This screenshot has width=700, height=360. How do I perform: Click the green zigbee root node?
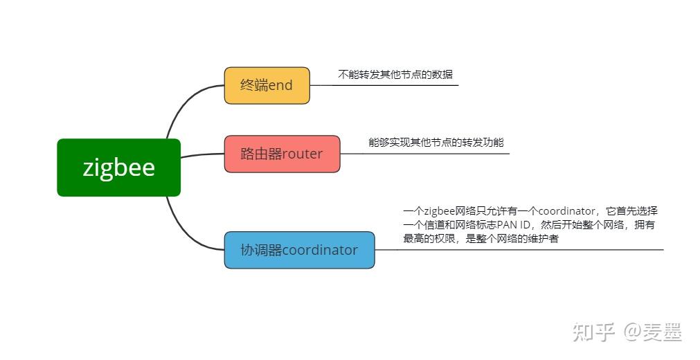tap(119, 168)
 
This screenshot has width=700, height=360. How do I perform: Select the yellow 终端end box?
tap(267, 86)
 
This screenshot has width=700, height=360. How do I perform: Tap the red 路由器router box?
tap(282, 154)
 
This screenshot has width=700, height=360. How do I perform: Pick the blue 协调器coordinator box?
tap(300, 250)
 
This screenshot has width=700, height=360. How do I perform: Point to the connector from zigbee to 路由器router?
tap(202, 155)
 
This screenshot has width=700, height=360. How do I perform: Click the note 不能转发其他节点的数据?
tap(395, 75)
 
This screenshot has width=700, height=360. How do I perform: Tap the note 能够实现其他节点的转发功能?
tap(436, 143)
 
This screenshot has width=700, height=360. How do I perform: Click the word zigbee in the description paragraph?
tap(439, 211)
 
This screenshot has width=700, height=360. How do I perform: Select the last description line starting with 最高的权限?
tap(481, 239)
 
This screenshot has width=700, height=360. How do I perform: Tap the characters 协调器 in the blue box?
tap(261, 250)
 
